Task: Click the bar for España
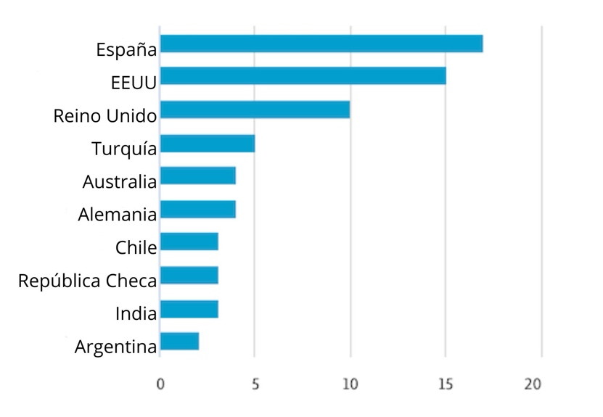321,44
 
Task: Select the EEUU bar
303,76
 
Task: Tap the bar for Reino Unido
255,110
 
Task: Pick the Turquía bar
208,144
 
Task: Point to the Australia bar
198,176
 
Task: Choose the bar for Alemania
198,210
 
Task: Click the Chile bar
189,241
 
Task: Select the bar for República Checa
189,276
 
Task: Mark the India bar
189,309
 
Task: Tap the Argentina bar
179,342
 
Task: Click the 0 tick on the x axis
160,384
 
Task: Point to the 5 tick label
255,384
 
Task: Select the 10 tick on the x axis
350,384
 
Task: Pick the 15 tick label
446,384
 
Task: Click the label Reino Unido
105,116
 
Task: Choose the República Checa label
87,281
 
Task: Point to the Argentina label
115,347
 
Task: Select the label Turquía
124,149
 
